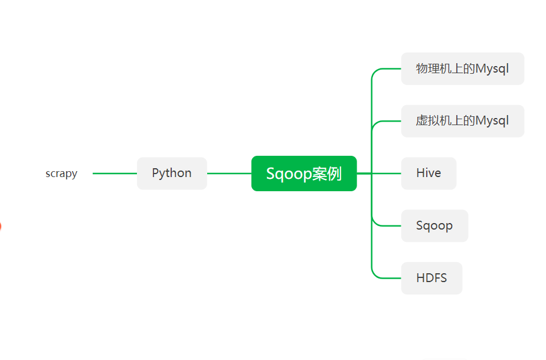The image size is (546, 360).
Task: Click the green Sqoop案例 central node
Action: pyautogui.click(x=304, y=174)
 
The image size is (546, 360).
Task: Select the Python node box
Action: pyautogui.click(x=172, y=174)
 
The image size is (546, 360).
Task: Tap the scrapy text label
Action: pyautogui.click(x=61, y=174)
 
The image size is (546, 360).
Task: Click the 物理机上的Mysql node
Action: pyautogui.click(x=462, y=68)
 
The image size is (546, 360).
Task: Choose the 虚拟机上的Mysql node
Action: pyautogui.click(x=462, y=121)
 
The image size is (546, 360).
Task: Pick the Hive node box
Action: pyautogui.click(x=429, y=174)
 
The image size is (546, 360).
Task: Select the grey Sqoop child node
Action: pyautogui.click(x=434, y=225)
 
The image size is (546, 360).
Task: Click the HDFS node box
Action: pyautogui.click(x=431, y=278)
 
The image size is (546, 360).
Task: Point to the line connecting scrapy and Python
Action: pyautogui.click(x=115, y=174)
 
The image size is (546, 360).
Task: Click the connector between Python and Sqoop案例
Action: pyautogui.click(x=229, y=174)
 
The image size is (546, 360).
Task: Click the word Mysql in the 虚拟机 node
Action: pyautogui.click(x=492, y=121)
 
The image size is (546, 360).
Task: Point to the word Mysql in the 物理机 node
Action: pyautogui.click(x=492, y=68)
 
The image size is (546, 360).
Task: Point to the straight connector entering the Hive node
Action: pyautogui.click(x=387, y=174)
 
